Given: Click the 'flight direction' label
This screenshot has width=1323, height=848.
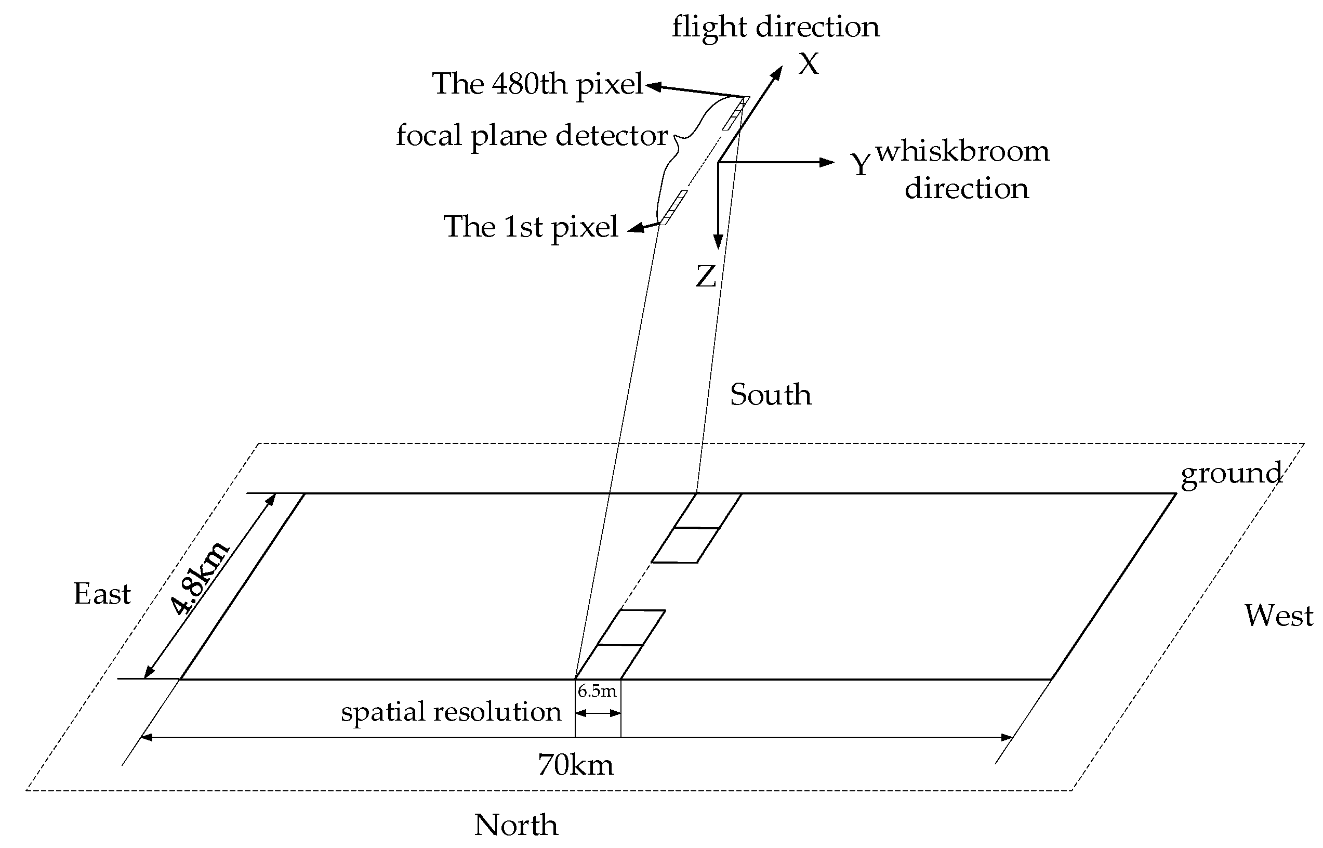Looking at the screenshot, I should point(775,28).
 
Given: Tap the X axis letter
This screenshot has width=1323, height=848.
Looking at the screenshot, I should point(809,64).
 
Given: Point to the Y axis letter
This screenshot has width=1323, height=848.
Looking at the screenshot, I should point(861,164).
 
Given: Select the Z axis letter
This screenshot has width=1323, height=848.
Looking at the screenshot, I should point(706,277).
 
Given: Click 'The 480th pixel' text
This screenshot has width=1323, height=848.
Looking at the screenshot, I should point(538,84).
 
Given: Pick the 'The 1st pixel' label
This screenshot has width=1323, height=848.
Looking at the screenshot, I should point(531,227).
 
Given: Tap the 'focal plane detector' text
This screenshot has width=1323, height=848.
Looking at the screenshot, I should point(532,136).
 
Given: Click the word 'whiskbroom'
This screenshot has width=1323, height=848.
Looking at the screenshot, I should point(962,151).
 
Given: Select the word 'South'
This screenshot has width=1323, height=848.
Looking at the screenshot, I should point(771,395).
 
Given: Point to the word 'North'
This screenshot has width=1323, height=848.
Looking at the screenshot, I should point(515,825).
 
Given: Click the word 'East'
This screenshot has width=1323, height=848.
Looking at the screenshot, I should point(102,594).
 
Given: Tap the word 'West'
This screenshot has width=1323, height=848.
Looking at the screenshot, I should point(1278,616).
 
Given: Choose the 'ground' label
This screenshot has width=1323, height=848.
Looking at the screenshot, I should point(1231,473).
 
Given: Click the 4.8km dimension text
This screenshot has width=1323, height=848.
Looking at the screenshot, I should point(199,578).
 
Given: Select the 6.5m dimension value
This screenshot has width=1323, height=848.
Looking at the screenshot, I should point(597,691).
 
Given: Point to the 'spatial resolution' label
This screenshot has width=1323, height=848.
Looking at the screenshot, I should point(451,712).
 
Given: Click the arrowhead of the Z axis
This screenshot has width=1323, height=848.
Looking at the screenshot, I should point(718,243).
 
